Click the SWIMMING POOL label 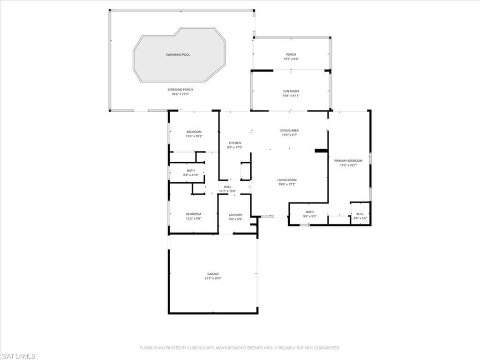(x=178, y=55)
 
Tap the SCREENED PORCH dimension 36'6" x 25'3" (x=180, y=94)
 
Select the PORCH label (x=291, y=55)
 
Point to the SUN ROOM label (x=291, y=91)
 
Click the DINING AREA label (x=289, y=131)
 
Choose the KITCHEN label (x=235, y=143)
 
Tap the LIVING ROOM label (x=287, y=180)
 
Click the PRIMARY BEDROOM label (x=348, y=161)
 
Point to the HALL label (x=227, y=187)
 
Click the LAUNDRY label (x=235, y=215)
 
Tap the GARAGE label (x=213, y=274)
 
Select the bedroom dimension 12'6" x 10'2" (x=194, y=136)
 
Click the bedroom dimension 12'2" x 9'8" (x=194, y=218)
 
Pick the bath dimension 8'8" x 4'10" (x=191, y=175)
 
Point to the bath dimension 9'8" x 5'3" (x=310, y=216)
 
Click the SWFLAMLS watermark (x=18, y=356)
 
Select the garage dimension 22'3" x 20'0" (x=213, y=278)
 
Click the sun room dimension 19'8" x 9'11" (x=291, y=96)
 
